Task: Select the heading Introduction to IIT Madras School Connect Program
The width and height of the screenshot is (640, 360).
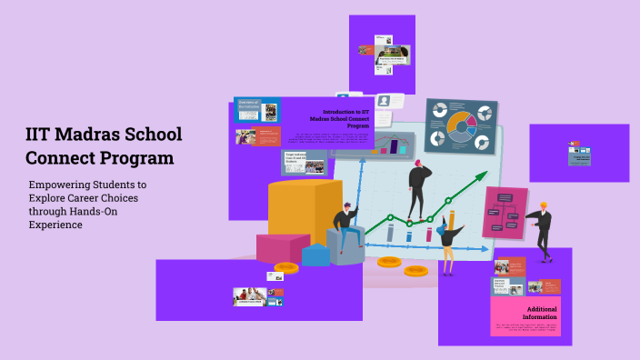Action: (x=339, y=118)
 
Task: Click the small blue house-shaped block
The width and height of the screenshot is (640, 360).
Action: (x=315, y=255)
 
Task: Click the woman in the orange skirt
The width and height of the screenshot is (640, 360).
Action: (x=449, y=235)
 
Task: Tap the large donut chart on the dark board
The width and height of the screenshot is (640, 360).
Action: (x=461, y=127)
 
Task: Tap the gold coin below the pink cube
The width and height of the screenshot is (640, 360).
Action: (x=285, y=267)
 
